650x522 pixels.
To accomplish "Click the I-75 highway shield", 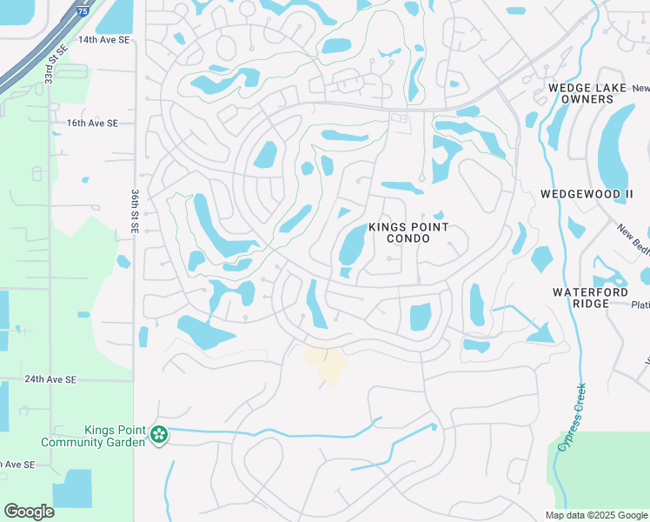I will (x=83, y=10).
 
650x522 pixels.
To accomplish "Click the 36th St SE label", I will (x=135, y=211).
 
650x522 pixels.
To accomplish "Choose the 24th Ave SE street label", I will (x=50, y=380).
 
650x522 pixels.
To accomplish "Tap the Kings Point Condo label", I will (x=408, y=232).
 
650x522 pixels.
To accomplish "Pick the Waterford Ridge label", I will (x=591, y=298).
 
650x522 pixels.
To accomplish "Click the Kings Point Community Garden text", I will (x=114, y=436).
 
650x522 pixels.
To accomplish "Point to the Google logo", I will (x=29, y=512).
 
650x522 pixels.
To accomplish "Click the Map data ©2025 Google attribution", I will (x=596, y=515).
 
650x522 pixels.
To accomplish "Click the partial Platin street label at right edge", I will (x=640, y=305).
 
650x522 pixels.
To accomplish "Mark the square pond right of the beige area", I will (x=420, y=317).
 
